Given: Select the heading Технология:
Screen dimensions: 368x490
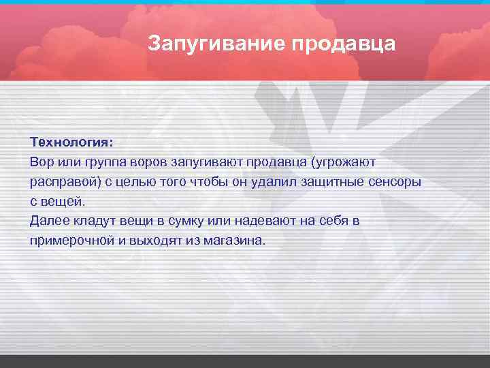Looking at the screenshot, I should tap(72, 144).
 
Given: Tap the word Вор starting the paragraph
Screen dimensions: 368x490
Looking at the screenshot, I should tap(41, 164).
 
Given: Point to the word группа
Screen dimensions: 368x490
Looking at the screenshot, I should tap(104, 164).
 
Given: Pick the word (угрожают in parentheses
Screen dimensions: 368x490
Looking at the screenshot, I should tap(347, 164).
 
